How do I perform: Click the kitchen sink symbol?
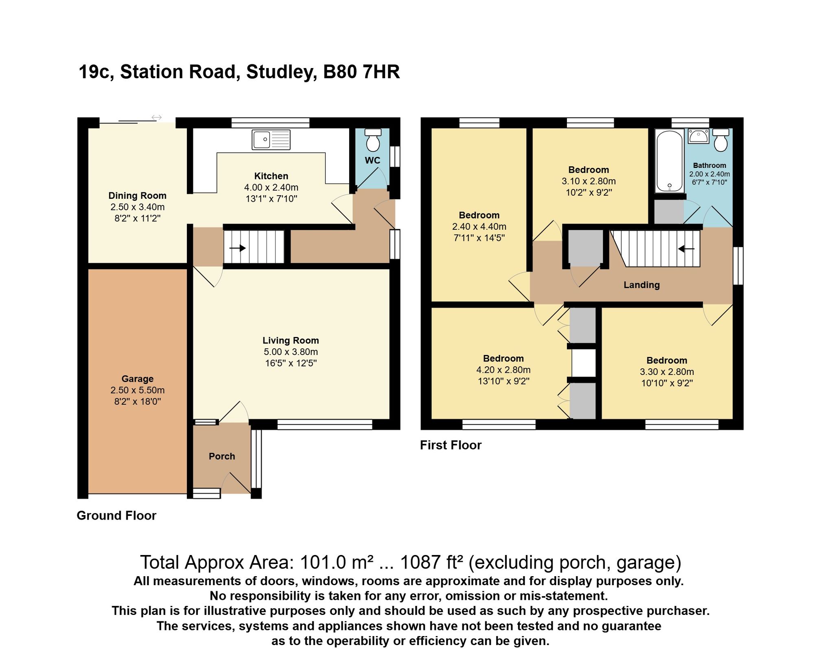(x=271, y=140)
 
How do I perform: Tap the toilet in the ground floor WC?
(x=373, y=140)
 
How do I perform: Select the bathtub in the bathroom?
(x=670, y=161)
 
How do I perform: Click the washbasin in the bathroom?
(x=698, y=136)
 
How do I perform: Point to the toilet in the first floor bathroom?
(x=721, y=140)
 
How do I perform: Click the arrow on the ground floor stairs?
(x=238, y=248)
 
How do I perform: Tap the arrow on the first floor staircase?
(x=686, y=248)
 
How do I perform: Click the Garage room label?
(x=138, y=379)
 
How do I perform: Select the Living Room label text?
(x=291, y=340)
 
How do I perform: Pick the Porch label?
(x=222, y=456)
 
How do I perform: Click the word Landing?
(x=641, y=285)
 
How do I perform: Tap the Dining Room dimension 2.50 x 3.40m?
(x=138, y=207)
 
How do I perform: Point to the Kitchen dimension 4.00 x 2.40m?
(x=271, y=187)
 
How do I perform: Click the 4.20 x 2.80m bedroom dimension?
(x=503, y=370)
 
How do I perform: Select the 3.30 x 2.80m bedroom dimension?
(x=667, y=372)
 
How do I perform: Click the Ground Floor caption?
(x=116, y=515)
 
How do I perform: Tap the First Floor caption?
(x=451, y=445)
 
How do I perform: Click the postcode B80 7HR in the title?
(x=361, y=72)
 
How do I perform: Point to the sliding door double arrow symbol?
(x=157, y=117)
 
